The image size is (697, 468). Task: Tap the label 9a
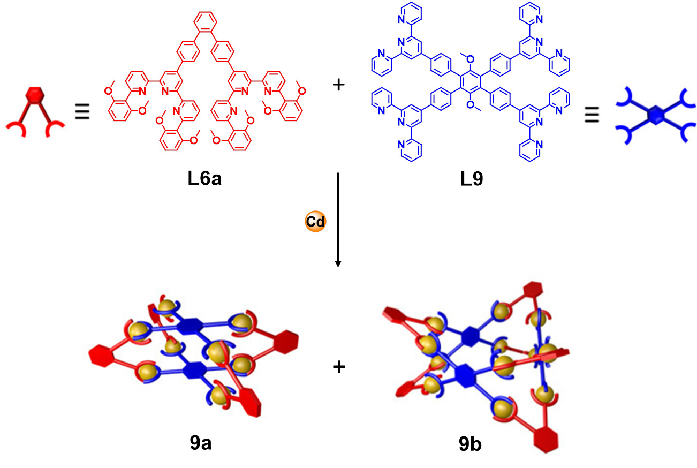204,443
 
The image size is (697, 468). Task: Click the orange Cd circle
315,222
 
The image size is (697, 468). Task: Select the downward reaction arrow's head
338,263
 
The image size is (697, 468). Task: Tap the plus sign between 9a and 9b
338,367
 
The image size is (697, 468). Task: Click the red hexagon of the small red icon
34,97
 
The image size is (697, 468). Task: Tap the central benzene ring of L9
471,84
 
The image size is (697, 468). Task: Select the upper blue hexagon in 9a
188,327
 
